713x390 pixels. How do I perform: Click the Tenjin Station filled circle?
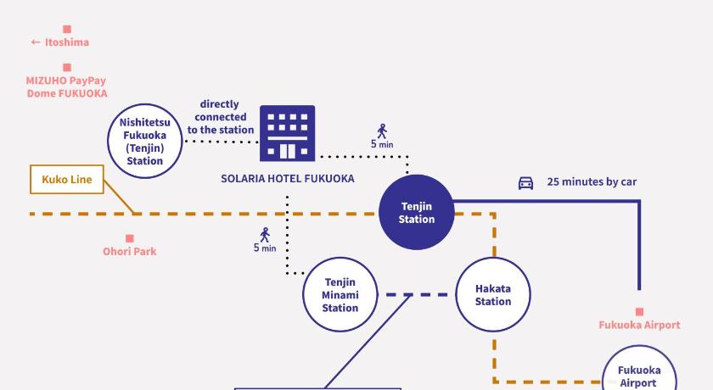click(x=417, y=212)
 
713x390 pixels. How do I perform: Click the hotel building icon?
click(x=288, y=133)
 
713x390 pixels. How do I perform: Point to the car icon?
click(x=525, y=183)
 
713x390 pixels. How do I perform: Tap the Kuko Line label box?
click(x=67, y=180)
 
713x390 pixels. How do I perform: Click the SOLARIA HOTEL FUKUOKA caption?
click(x=288, y=178)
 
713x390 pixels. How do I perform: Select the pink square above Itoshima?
click(x=67, y=29)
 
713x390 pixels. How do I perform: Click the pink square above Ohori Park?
click(x=130, y=238)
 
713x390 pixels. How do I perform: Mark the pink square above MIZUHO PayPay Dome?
click(x=67, y=67)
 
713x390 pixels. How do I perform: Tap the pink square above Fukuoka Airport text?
click(x=639, y=311)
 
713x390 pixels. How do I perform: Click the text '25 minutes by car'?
click(x=592, y=181)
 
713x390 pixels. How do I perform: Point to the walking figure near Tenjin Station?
click(x=382, y=131)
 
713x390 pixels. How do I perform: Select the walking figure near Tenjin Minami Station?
click(x=265, y=235)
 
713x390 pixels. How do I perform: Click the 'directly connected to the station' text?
click(x=221, y=117)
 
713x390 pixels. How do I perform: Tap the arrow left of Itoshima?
click(x=36, y=42)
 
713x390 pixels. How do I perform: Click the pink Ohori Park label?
click(x=130, y=251)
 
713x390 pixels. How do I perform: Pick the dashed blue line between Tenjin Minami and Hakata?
click(x=417, y=295)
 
